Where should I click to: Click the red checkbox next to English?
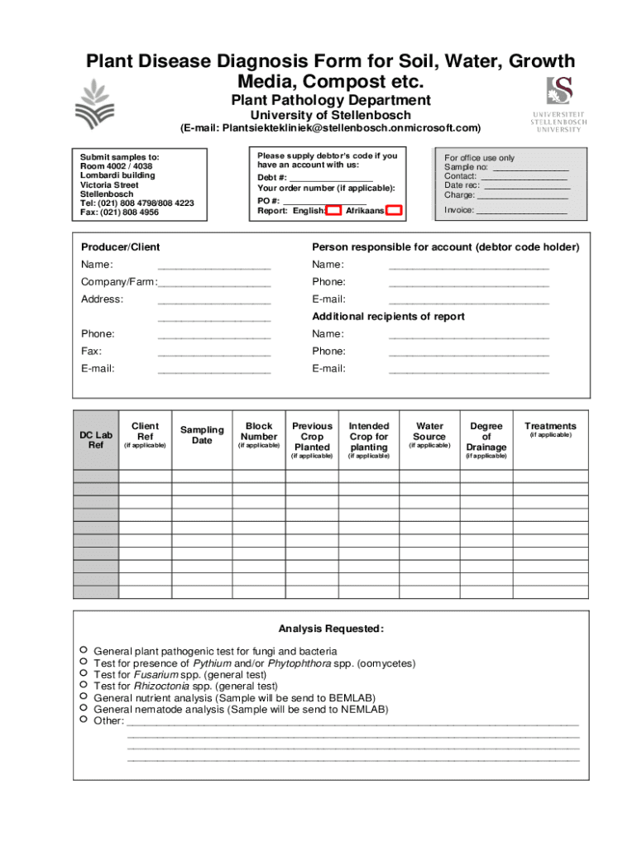[x=333, y=211]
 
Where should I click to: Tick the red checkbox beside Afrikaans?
[x=394, y=211]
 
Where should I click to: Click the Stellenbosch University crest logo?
[x=559, y=90]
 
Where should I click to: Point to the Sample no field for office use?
[x=530, y=167]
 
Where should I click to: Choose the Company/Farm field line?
[x=214, y=282]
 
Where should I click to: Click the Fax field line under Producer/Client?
[x=214, y=352]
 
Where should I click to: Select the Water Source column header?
[x=429, y=432]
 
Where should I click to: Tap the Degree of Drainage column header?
[x=486, y=437]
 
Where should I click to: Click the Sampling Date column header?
[x=202, y=435]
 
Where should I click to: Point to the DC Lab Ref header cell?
[x=96, y=440]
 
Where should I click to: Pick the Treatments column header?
[x=550, y=427]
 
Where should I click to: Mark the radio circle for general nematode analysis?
[x=83, y=708]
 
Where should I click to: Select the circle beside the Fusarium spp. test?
[x=83, y=673]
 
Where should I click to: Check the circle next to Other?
[x=83, y=720]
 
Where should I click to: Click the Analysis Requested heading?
[x=331, y=629]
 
